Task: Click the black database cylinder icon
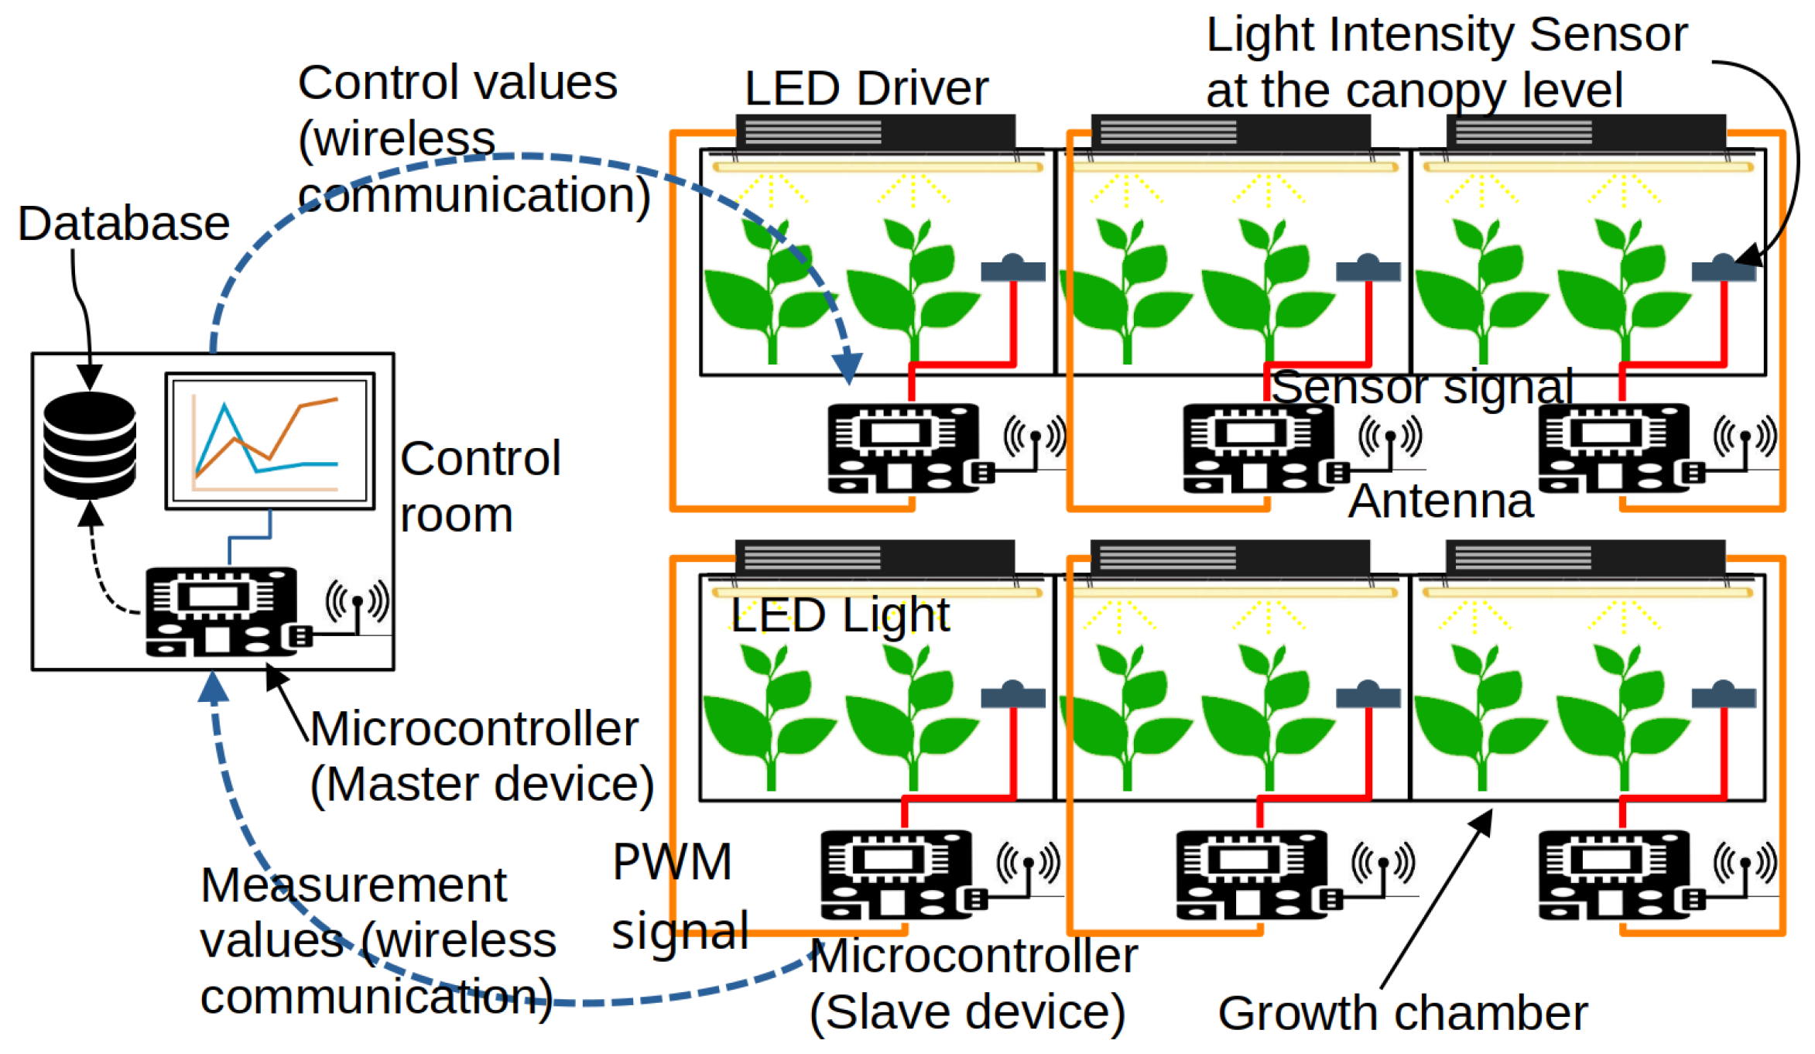click(90, 444)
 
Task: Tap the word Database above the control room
click(124, 224)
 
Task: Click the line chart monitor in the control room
click(269, 441)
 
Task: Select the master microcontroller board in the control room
click(221, 612)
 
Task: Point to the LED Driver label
click(866, 88)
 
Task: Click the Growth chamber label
click(1402, 1014)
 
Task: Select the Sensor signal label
click(1422, 387)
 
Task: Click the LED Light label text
click(840, 616)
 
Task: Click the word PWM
click(672, 862)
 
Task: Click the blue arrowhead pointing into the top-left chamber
click(848, 367)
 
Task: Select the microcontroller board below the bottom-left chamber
click(896, 874)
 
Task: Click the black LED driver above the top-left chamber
click(875, 132)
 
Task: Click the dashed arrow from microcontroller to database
click(101, 573)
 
